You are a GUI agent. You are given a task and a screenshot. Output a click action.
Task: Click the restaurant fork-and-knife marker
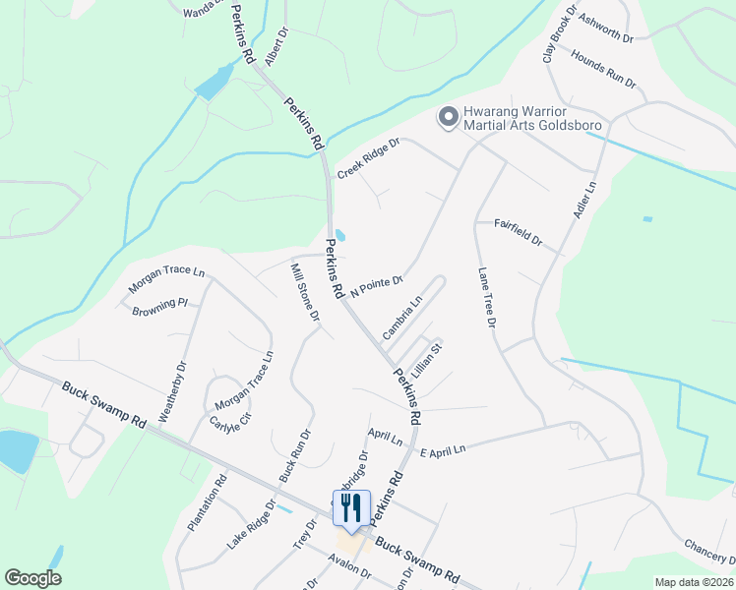tap(351, 508)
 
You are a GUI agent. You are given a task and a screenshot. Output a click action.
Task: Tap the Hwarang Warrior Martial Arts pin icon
tap(449, 119)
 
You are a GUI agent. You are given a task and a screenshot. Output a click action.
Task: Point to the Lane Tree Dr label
tap(485, 297)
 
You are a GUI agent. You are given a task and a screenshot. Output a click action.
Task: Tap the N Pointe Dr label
tap(377, 286)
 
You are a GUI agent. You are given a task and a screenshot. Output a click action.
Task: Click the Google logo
tap(32, 578)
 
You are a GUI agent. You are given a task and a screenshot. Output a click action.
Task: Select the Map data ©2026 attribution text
tap(695, 582)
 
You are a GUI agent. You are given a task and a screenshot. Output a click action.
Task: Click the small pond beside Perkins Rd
tap(340, 236)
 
